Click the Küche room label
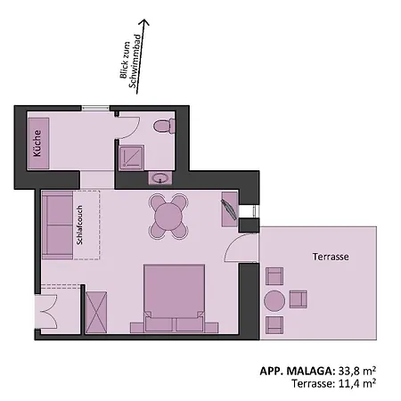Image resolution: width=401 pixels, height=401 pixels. (38, 144)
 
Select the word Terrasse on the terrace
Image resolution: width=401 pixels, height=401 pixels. (330, 256)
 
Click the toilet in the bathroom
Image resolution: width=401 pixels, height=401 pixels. (163, 127)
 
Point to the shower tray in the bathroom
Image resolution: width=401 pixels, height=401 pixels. (133, 157)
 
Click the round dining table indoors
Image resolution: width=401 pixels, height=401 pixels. (168, 216)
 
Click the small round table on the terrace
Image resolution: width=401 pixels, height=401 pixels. (275, 300)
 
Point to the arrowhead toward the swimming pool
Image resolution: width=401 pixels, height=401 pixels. (146, 29)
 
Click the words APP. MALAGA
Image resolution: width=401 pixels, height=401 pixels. (297, 370)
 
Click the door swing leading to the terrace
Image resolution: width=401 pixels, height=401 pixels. (237, 249)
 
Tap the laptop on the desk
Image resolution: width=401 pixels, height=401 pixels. (229, 209)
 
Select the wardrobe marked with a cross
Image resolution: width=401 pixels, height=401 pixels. (96, 309)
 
